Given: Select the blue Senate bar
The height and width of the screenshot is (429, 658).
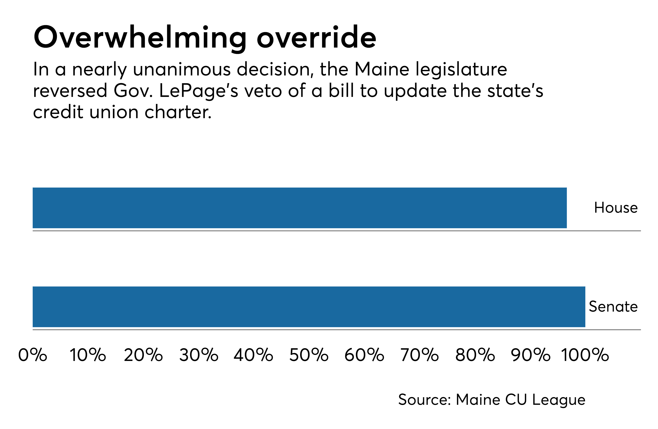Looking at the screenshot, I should coord(309,307).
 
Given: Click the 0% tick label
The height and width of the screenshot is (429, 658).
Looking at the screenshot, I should coord(33,355).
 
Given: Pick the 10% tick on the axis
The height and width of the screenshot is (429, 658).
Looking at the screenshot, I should coord(88,355).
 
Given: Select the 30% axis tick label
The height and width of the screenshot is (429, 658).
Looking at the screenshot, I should coord(199,355).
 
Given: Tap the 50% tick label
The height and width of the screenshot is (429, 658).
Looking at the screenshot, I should coord(309,355).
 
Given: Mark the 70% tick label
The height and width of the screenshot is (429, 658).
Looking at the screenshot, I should coord(419,355).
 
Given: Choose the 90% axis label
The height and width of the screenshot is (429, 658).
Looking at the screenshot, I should coord(530,355).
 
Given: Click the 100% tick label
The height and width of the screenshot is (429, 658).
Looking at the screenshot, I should coord(585,355).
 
